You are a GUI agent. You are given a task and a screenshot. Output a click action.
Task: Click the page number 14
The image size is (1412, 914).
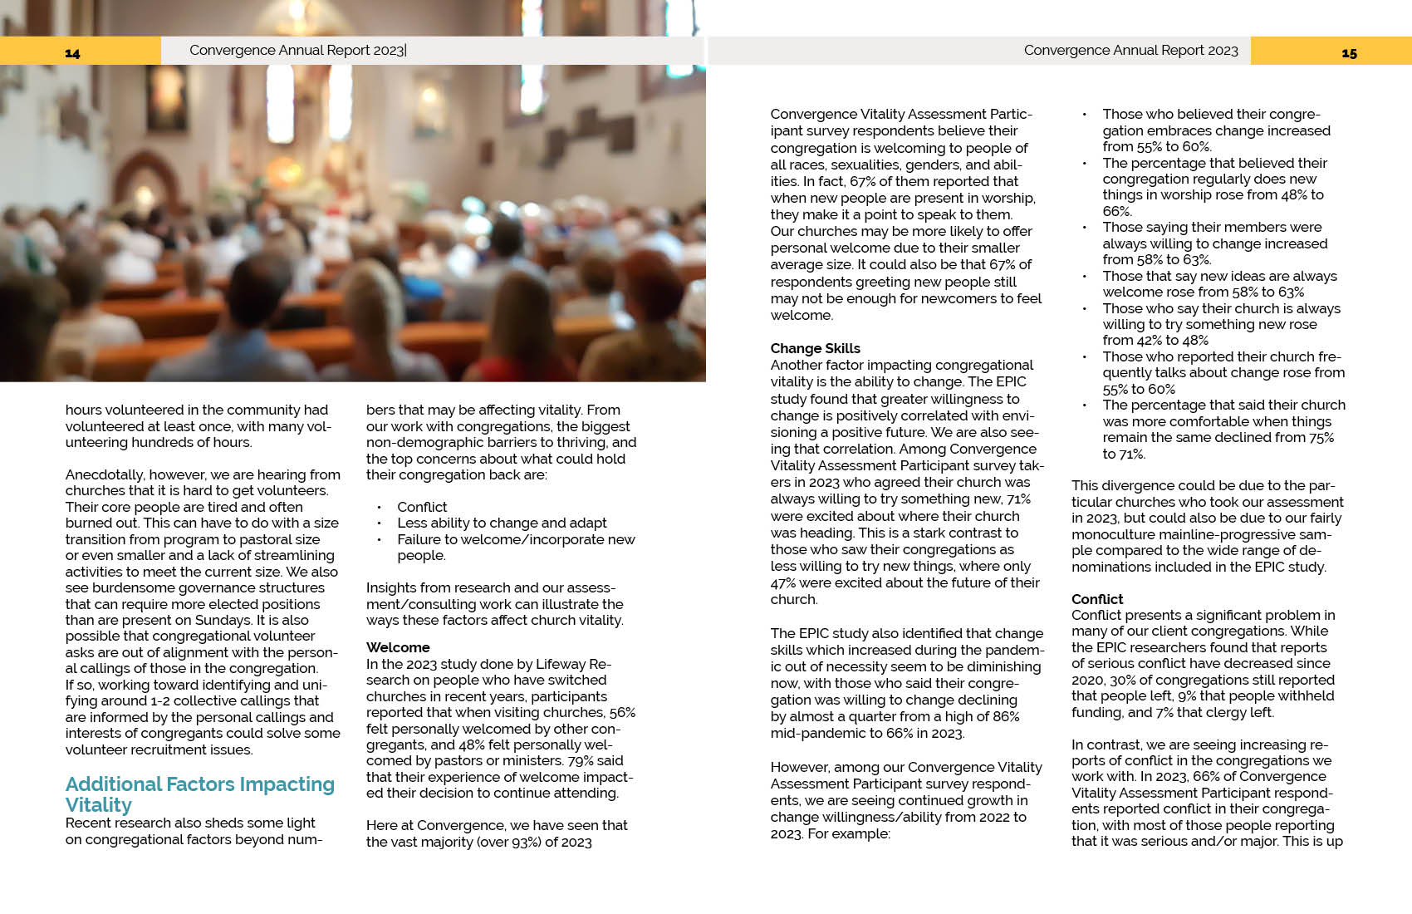tap(72, 53)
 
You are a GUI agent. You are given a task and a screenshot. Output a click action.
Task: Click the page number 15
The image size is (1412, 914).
tap(1349, 53)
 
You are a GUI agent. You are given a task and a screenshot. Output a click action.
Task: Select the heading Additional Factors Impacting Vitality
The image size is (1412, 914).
tap(199, 794)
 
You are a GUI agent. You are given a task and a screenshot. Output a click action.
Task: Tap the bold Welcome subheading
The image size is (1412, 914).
tap(398, 647)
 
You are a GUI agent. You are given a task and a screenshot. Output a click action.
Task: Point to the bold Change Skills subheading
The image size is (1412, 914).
tap(815, 348)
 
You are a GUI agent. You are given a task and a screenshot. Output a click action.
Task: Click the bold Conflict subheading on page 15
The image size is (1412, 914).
tap(1096, 599)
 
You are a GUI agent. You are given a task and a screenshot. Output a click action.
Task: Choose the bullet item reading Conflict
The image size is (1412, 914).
tap(422, 507)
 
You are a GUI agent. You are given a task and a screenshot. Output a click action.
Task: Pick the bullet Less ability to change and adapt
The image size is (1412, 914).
tap(502, 523)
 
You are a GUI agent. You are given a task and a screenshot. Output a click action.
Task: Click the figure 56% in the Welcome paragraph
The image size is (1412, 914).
tap(621, 712)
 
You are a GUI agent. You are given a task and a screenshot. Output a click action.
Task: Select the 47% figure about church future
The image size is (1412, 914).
tap(783, 582)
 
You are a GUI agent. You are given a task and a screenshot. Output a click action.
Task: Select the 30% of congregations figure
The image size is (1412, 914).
tap(1139, 680)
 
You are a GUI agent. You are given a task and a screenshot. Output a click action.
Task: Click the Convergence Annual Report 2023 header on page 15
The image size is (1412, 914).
tap(1130, 51)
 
